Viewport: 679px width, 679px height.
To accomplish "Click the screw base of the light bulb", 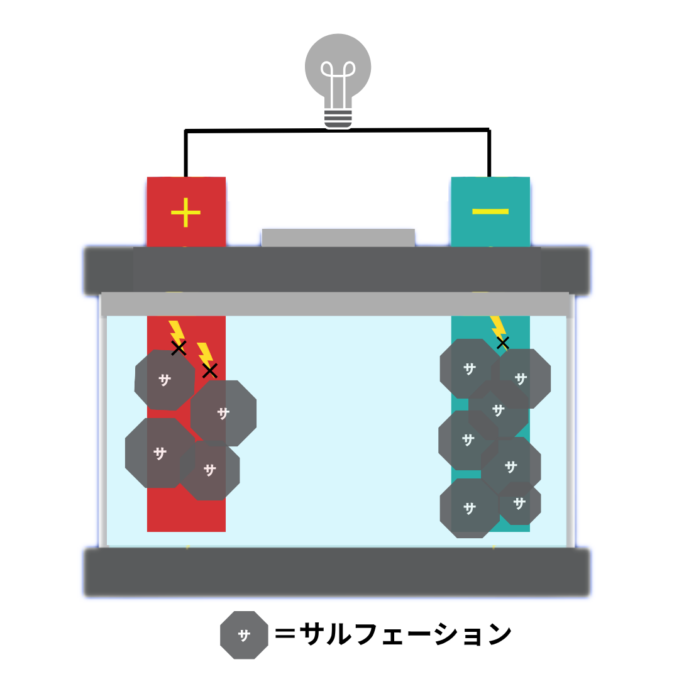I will point(338,118).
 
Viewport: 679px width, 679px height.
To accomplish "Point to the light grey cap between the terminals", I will point(338,238).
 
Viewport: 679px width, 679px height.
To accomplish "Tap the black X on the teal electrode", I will point(502,343).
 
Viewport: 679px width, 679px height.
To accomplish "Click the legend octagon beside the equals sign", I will point(244,635).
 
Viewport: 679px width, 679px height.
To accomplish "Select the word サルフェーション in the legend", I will point(406,634).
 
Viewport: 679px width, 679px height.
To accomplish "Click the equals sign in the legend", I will point(285,634).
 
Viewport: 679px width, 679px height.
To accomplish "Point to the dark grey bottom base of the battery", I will point(338,572).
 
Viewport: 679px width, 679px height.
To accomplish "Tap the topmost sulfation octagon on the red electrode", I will point(165,380).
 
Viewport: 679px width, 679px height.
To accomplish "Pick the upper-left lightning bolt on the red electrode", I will point(176,331).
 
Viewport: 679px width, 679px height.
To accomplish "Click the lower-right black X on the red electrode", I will point(209,370).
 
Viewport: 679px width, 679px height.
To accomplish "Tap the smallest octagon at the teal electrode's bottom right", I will point(520,504).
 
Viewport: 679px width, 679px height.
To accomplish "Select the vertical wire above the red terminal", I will point(185,153).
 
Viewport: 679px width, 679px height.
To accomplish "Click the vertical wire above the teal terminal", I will point(489,153).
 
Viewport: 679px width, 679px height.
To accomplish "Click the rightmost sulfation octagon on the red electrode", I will point(224,413).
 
